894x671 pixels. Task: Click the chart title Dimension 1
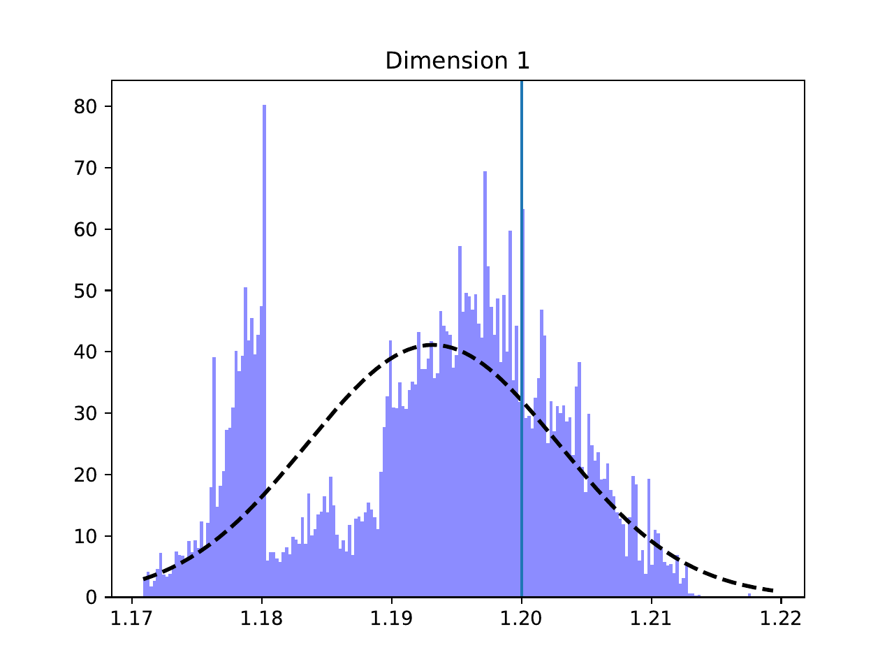pyautogui.click(x=457, y=62)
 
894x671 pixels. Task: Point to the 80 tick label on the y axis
pyautogui.click(x=84, y=107)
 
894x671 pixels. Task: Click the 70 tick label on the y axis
pyautogui.click(x=84, y=168)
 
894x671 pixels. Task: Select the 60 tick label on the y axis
pyautogui.click(x=84, y=230)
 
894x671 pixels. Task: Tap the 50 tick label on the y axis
pyautogui.click(x=84, y=291)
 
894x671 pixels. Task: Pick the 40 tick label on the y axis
pyautogui.click(x=84, y=352)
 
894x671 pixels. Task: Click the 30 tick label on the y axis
pyautogui.click(x=84, y=414)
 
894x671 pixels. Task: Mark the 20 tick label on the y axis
pyautogui.click(x=84, y=475)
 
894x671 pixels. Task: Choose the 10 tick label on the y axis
pyautogui.click(x=84, y=537)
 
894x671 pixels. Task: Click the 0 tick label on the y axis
pyautogui.click(x=91, y=598)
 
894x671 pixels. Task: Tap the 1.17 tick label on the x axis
pyautogui.click(x=132, y=619)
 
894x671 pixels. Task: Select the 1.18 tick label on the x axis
pyautogui.click(x=262, y=619)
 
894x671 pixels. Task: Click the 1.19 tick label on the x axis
pyautogui.click(x=392, y=619)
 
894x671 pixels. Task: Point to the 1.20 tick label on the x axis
pyautogui.click(x=522, y=619)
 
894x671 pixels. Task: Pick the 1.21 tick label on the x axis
pyautogui.click(x=652, y=619)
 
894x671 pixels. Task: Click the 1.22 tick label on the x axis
pyautogui.click(x=781, y=619)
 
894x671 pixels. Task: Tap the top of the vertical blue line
pyautogui.click(x=522, y=82)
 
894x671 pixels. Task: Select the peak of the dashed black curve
pyautogui.click(x=433, y=345)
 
